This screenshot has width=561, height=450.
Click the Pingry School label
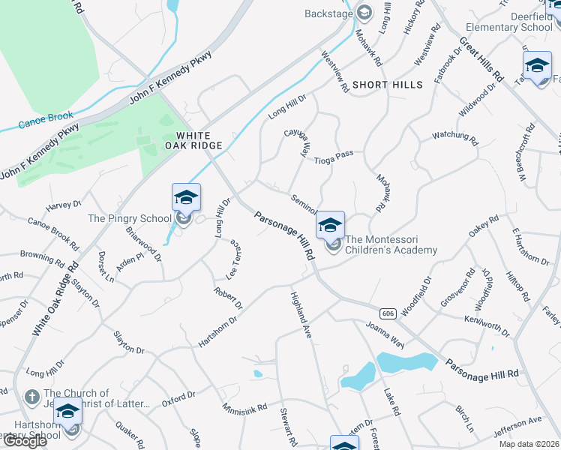coord(130,218)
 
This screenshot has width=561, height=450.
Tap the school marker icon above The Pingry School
coord(186,198)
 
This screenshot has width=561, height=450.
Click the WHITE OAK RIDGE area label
coord(198,140)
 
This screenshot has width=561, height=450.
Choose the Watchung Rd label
coord(454,137)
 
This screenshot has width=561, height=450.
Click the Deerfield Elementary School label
coord(515,21)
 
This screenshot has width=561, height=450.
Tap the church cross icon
coord(31,396)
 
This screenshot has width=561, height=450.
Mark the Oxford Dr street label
coord(178,398)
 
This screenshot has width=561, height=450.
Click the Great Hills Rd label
coord(481,59)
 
